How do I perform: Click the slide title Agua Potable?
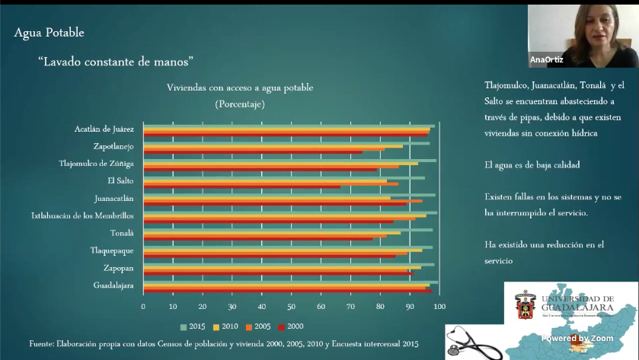50,33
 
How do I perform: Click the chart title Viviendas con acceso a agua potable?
240,88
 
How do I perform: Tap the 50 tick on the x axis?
291,306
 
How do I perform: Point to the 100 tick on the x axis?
439,306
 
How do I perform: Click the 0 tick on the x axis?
143,306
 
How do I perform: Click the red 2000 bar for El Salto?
242,186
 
